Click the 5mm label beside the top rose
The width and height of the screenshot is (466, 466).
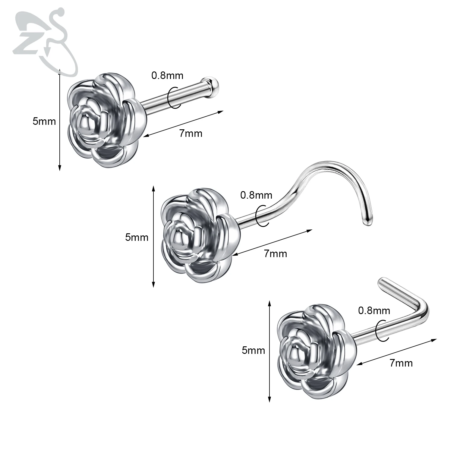point(44,121)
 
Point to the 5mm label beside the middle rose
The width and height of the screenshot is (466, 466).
point(137,238)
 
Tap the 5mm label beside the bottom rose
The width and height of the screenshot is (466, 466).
point(253,350)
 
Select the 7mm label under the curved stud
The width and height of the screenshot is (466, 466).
point(276,254)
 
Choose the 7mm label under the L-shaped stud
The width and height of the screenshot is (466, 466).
point(401,363)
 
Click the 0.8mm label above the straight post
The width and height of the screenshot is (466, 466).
point(167,75)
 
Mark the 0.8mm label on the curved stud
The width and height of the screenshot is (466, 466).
point(256,195)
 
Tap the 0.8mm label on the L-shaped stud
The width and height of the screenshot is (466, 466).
point(374,310)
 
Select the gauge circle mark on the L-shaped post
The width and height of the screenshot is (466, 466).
point(382,330)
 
